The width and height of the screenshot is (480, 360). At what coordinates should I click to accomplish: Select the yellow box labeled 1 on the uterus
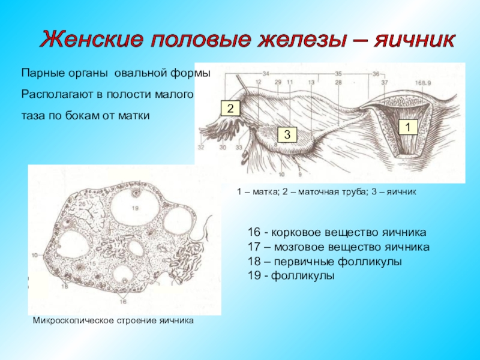407,127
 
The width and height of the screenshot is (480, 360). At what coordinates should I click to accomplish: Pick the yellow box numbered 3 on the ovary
287,134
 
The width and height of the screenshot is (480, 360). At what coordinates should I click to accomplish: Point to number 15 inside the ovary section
93,265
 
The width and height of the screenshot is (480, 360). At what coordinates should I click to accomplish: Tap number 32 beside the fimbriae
201,147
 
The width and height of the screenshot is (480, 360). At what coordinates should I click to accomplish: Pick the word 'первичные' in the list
297,262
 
